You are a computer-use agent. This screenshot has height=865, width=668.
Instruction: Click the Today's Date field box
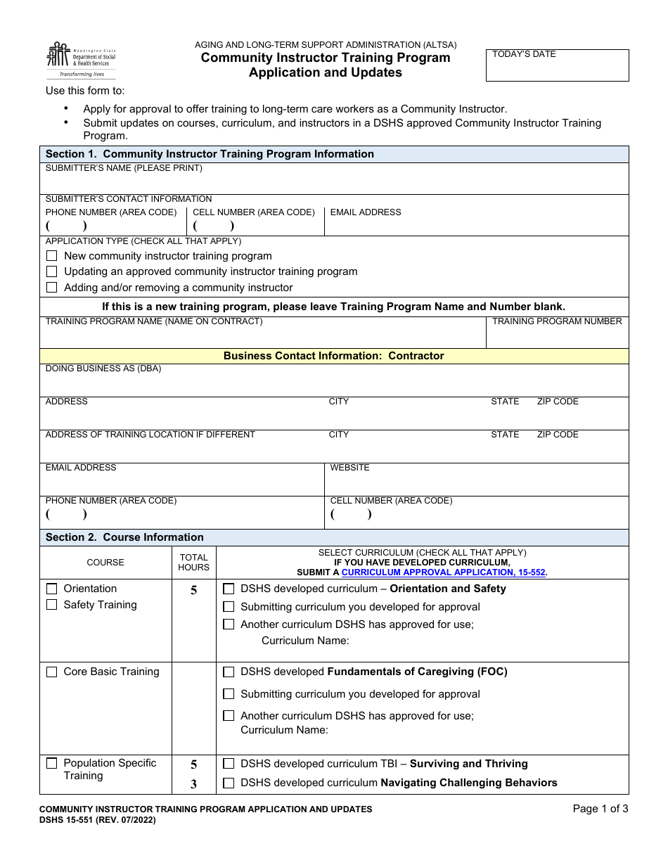(557, 65)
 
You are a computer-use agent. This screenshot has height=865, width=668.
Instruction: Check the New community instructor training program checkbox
(51, 256)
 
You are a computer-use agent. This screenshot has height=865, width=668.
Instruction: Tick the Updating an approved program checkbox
(51, 271)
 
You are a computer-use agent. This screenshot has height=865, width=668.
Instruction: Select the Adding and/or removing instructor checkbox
(51, 288)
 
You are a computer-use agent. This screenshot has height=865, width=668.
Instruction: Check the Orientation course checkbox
(51, 589)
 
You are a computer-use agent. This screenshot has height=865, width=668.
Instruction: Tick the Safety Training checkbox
(51, 605)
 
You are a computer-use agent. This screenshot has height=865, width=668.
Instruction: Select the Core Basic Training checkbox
(51, 672)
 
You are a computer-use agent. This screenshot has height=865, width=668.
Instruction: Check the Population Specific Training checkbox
(51, 763)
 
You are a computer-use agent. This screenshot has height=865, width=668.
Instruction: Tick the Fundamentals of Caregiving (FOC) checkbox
(229, 672)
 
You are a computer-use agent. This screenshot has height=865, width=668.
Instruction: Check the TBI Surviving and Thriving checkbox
(229, 764)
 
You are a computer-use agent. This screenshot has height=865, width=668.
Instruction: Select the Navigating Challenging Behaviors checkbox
(229, 783)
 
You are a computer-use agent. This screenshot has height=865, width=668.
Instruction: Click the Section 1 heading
(210, 154)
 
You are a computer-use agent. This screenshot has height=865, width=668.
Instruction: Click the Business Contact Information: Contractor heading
(333, 356)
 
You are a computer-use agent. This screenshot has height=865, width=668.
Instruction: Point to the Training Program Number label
(556, 321)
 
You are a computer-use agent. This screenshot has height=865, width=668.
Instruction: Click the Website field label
(349, 468)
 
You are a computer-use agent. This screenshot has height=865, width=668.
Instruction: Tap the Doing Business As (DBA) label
(103, 369)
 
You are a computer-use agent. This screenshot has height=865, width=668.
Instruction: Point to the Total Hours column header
(193, 563)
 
